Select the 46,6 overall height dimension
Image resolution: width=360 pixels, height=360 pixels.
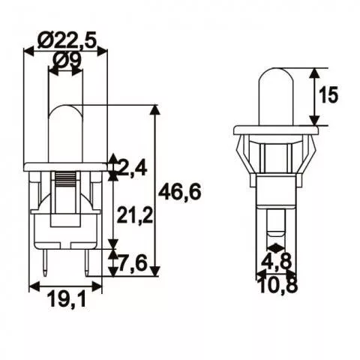pos(180,192)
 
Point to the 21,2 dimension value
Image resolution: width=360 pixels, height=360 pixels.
pos(134,215)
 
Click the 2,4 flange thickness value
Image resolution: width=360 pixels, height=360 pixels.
pos(132,168)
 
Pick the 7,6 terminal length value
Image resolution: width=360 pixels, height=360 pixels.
pos(133,263)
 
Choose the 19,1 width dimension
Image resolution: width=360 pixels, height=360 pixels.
pos(67,299)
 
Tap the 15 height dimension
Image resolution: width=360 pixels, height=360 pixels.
pos(328,94)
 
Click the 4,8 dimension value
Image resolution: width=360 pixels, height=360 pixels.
pos(276,261)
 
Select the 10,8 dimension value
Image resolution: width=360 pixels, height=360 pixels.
pos(278,285)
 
